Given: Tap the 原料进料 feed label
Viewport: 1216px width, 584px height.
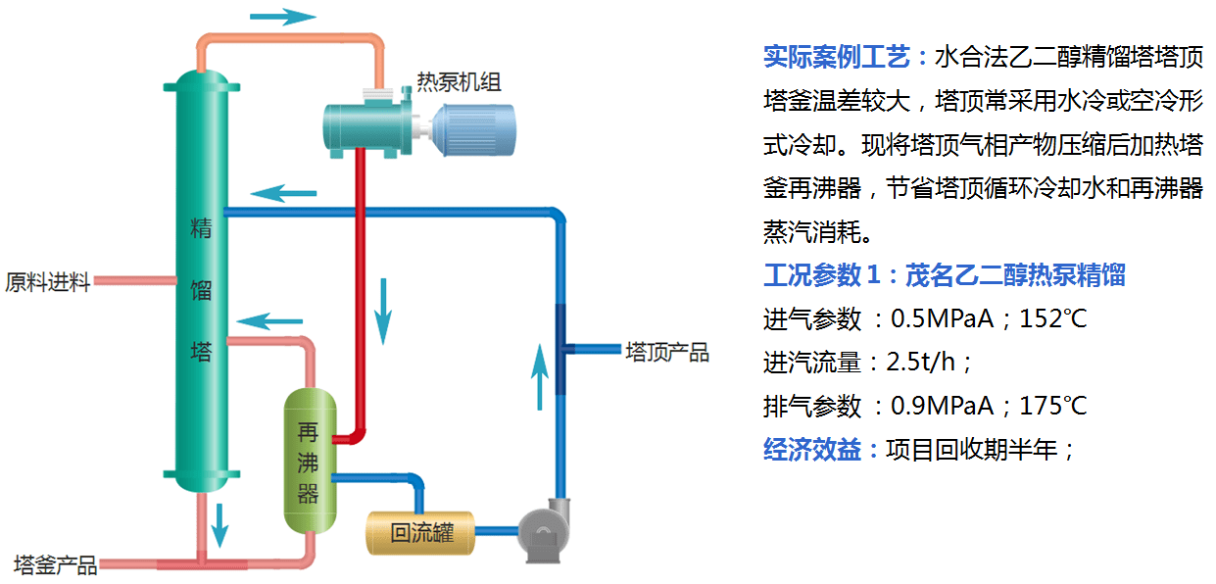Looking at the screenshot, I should point(47,283).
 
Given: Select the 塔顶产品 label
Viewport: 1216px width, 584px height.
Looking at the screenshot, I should point(667,352).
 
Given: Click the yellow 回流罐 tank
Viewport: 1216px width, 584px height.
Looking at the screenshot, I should point(420,533).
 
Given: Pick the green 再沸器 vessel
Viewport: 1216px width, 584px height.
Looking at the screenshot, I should point(310,461).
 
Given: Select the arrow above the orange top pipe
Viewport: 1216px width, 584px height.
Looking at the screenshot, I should point(283,17).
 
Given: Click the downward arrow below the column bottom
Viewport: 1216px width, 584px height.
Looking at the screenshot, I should point(220,524).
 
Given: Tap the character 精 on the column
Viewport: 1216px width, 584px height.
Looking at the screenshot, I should point(201,229).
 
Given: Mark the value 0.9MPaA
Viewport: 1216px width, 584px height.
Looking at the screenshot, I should point(942,406).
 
